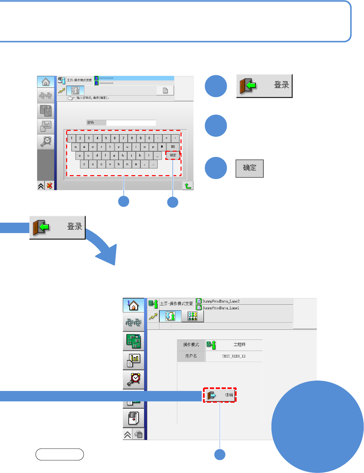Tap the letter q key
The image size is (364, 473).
[76, 147]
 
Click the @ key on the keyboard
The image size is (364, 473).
[162, 147]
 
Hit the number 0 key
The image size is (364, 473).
[149, 138]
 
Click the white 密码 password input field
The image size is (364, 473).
[131, 123]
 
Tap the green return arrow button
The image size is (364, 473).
[188, 186]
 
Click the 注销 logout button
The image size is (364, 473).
[220, 395]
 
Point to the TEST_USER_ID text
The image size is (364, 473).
[234, 356]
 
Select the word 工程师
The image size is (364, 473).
[239, 345]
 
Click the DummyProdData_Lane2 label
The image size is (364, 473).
[221, 301]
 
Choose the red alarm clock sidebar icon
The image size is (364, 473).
[134, 379]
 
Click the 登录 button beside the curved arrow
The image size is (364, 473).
[58, 228]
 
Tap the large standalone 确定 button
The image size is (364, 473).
[249, 168]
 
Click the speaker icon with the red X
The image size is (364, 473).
[50, 186]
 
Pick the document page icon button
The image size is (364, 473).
[165, 90]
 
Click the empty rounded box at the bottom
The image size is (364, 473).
[60, 454]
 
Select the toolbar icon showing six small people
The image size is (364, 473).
[193, 316]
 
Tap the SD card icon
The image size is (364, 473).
[139, 435]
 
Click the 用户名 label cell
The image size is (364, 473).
[191, 356]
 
